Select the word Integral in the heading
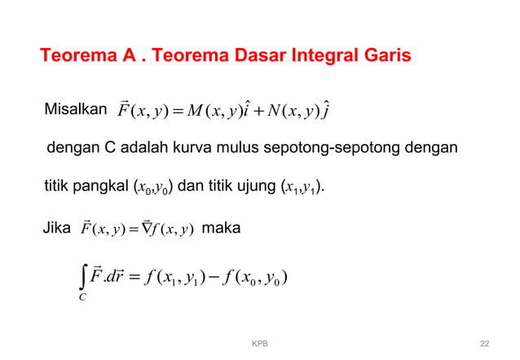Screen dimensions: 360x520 [x=319, y=57]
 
